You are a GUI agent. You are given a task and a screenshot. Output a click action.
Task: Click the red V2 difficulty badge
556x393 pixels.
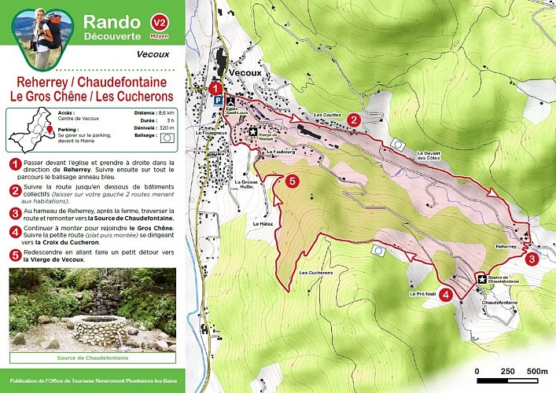pyautogui.click(x=160, y=24)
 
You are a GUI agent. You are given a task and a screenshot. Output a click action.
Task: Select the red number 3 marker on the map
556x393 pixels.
pyautogui.click(x=532, y=259)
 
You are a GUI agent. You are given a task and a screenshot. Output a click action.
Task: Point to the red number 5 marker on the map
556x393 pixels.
pyautogui.click(x=293, y=182)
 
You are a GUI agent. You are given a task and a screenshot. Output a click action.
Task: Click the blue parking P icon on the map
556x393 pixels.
pyautogui.click(x=216, y=102)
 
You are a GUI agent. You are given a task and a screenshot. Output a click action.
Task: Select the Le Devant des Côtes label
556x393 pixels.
pyautogui.click(x=429, y=155)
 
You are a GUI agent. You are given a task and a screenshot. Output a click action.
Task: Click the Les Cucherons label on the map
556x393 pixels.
pyautogui.click(x=316, y=273)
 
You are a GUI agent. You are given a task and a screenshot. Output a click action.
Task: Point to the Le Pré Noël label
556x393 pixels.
pyautogui.click(x=422, y=293)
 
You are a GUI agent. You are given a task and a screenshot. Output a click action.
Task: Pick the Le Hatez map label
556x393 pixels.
pyautogui.click(x=261, y=224)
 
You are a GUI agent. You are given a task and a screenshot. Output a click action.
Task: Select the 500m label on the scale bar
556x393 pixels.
pyautogui.click(x=537, y=371)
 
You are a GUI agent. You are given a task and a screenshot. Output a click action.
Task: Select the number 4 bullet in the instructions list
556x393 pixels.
pyautogui.click(x=13, y=232)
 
